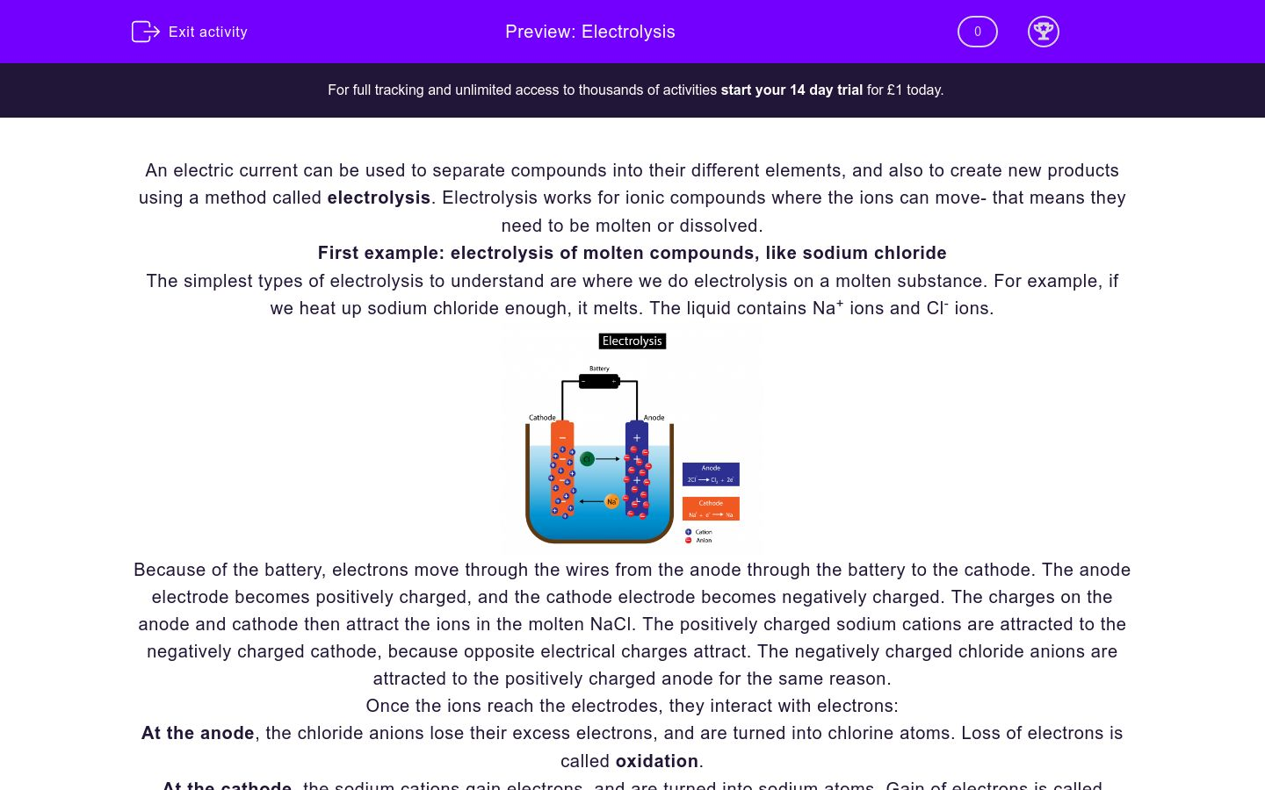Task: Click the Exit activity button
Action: click(x=190, y=32)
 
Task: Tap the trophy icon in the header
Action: click(x=1043, y=32)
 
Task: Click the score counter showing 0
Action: click(x=977, y=32)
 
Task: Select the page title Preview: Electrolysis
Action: click(x=589, y=32)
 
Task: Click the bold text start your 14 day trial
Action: click(x=791, y=90)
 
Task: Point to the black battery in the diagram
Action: click(x=599, y=381)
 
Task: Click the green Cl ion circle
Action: click(x=587, y=458)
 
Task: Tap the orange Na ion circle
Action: click(x=611, y=501)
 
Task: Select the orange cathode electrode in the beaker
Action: click(x=562, y=470)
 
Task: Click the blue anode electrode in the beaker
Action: click(x=637, y=470)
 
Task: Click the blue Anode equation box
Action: click(x=711, y=474)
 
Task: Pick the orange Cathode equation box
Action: click(x=711, y=509)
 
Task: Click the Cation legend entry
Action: click(x=699, y=532)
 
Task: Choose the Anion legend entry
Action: click(x=699, y=541)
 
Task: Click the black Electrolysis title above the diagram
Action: click(x=632, y=341)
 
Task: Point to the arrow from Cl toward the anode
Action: click(x=608, y=458)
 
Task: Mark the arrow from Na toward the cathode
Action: click(x=591, y=501)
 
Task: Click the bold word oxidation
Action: click(x=656, y=761)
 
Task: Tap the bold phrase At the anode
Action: click(x=198, y=733)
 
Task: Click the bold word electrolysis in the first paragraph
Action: click(x=379, y=197)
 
